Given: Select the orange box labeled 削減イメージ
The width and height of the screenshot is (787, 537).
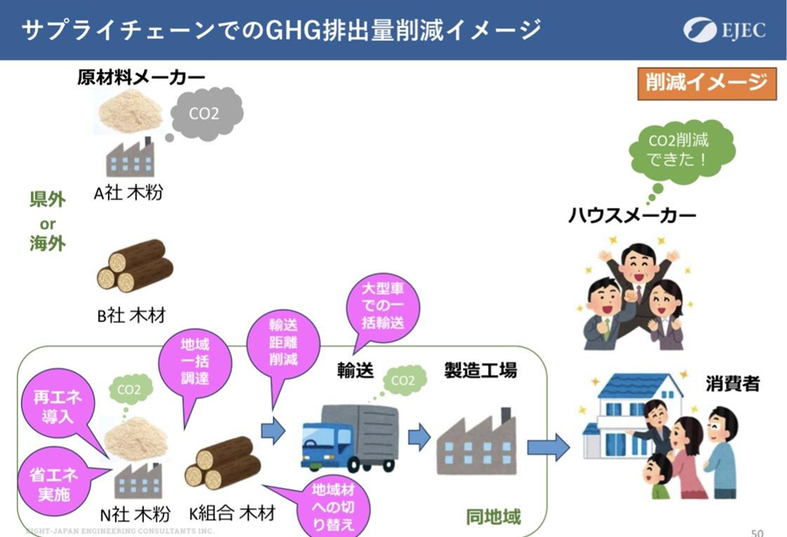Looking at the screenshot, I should coord(706,82).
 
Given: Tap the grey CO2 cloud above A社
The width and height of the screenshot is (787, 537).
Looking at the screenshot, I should coord(205,113).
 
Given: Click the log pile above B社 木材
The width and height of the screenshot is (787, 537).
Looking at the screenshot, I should coord(134,265).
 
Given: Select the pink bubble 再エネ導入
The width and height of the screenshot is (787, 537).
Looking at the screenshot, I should coord(62,405).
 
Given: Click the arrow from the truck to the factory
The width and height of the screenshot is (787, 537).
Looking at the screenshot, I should coord(418,436).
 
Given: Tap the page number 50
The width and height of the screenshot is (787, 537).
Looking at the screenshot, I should coord(757,531).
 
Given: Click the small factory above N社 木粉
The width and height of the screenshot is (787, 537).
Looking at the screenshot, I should coord(131,479).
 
